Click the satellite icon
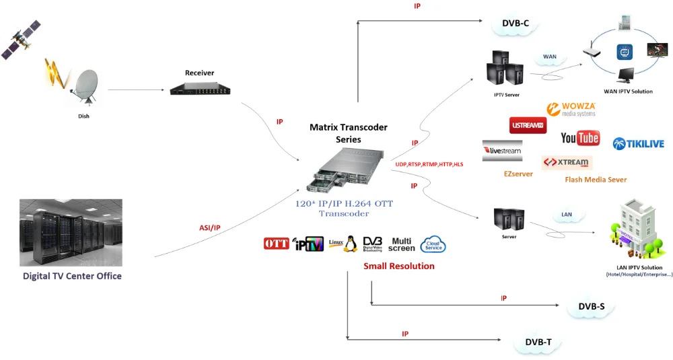coord(20,40)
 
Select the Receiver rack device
coord(195,87)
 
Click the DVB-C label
coord(515,24)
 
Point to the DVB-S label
coord(591,307)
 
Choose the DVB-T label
coord(538,343)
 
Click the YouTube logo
coord(580,138)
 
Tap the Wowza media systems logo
coord(571,109)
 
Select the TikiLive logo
coord(637,143)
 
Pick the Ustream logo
coord(528,125)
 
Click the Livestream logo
coord(502,151)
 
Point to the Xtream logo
coord(567,162)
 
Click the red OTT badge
coord(276,244)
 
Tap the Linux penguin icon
coord(350,244)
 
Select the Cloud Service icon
coord(433,244)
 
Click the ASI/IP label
coord(210,228)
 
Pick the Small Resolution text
coord(399,266)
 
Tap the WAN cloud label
coord(550,57)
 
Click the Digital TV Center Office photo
coord(71,232)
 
